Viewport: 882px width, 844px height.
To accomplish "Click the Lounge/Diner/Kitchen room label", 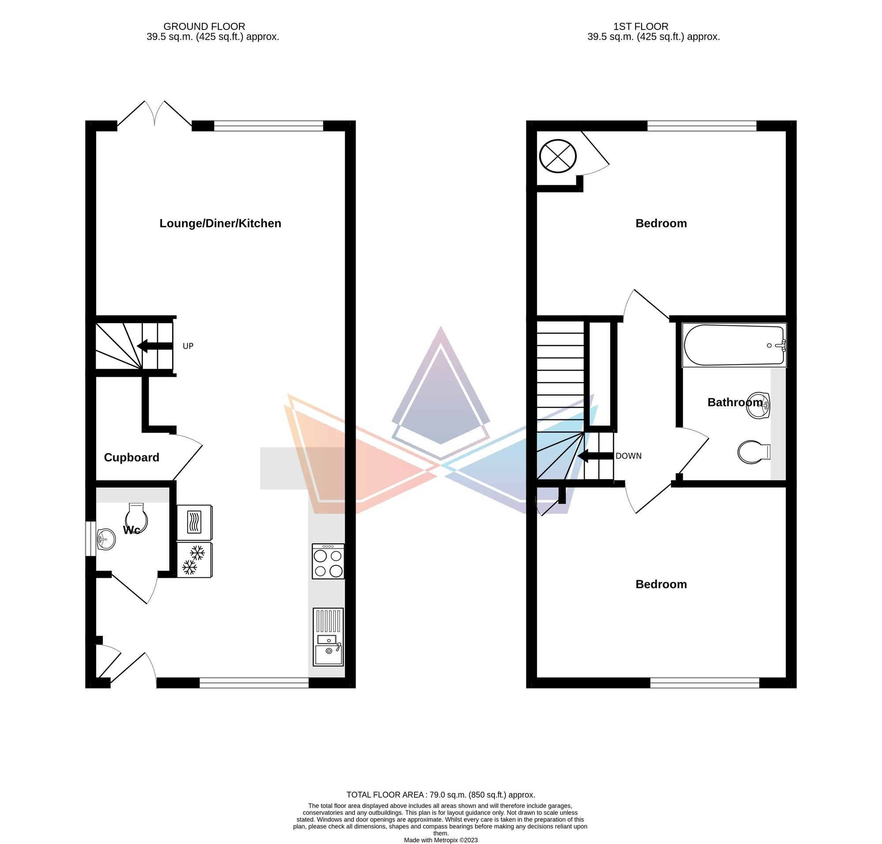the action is point(220,223).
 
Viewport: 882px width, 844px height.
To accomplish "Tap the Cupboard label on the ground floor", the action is point(131,457).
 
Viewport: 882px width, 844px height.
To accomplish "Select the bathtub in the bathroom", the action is point(735,345).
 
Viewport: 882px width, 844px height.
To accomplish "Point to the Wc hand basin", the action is point(107,538).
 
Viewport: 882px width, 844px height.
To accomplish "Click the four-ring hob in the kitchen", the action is point(328,561).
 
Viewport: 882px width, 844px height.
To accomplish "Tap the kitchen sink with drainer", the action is point(328,637).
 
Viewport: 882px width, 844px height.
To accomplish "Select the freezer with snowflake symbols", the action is point(194,560).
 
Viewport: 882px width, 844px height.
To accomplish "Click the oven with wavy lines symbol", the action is point(194,523).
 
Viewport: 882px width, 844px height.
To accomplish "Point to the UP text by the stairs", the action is point(188,346).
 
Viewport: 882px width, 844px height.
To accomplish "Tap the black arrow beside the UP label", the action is point(155,346).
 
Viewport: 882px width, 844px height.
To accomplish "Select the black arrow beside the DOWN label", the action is point(595,456).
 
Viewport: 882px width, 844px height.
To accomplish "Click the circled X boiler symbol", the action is point(558,156).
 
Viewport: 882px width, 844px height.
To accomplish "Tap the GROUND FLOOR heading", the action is point(204,26).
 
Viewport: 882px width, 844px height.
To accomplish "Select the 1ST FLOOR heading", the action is point(641,26).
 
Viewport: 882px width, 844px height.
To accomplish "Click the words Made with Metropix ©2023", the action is point(441,840).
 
